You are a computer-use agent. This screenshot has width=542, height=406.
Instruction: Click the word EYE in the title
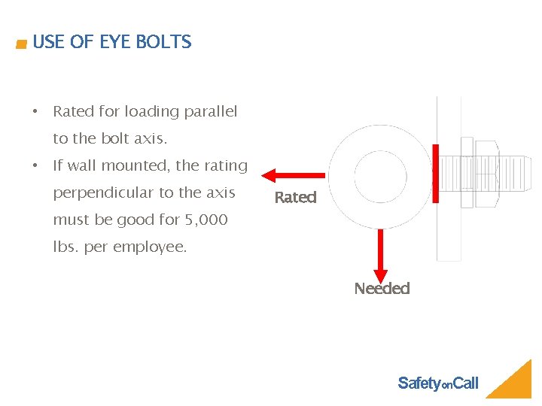(x=116, y=42)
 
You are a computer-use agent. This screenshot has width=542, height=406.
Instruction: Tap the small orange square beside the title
(x=21, y=45)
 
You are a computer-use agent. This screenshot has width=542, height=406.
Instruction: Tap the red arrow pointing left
(x=293, y=176)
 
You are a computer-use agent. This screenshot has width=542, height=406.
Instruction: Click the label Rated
(x=295, y=198)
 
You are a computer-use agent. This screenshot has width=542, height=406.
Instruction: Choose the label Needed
(x=382, y=289)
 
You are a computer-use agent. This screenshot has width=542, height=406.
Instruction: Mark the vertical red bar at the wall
(x=435, y=174)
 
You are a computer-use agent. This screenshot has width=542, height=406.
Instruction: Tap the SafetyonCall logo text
(x=437, y=383)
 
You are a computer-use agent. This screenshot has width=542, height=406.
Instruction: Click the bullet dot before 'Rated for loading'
(x=35, y=112)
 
